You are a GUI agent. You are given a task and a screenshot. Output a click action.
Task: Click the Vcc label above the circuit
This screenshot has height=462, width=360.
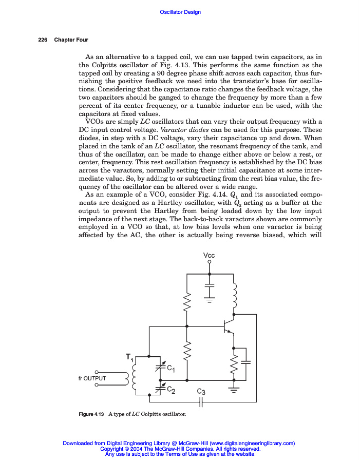coord(209,256)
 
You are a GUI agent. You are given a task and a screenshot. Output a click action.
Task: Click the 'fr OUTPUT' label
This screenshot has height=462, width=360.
coord(92,378)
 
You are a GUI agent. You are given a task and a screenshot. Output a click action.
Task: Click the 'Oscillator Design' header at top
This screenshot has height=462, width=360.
coord(180,12)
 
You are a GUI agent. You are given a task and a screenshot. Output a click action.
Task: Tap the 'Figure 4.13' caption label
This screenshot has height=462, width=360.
coord(92,414)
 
